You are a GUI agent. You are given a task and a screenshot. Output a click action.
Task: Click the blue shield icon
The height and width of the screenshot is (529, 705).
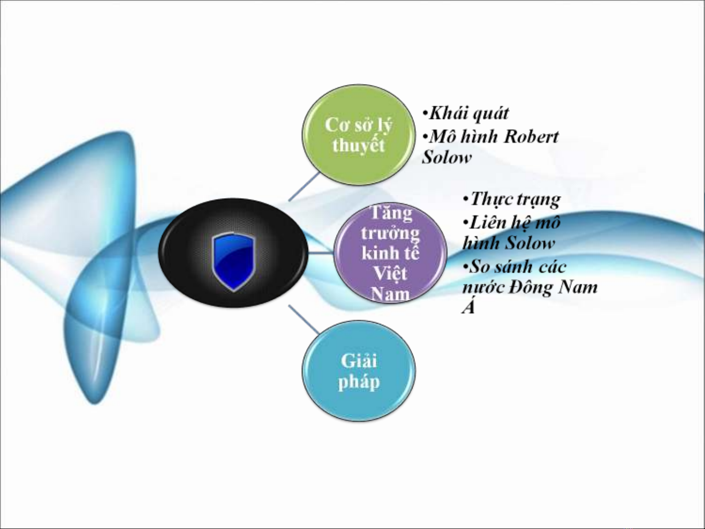pos(233,261)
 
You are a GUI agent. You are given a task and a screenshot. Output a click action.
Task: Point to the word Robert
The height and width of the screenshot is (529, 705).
pos(531,137)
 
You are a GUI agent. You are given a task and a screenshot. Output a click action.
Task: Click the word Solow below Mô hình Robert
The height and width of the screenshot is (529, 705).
pos(447,158)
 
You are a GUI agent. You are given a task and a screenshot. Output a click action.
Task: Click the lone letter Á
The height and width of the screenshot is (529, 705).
pos(468,307)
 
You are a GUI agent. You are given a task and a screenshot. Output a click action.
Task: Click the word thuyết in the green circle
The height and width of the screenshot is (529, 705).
pos(358,145)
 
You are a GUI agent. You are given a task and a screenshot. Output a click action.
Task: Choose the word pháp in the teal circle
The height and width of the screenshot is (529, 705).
pos(359,382)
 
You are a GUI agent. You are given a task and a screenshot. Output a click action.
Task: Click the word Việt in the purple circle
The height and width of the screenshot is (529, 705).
pos(390,273)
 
